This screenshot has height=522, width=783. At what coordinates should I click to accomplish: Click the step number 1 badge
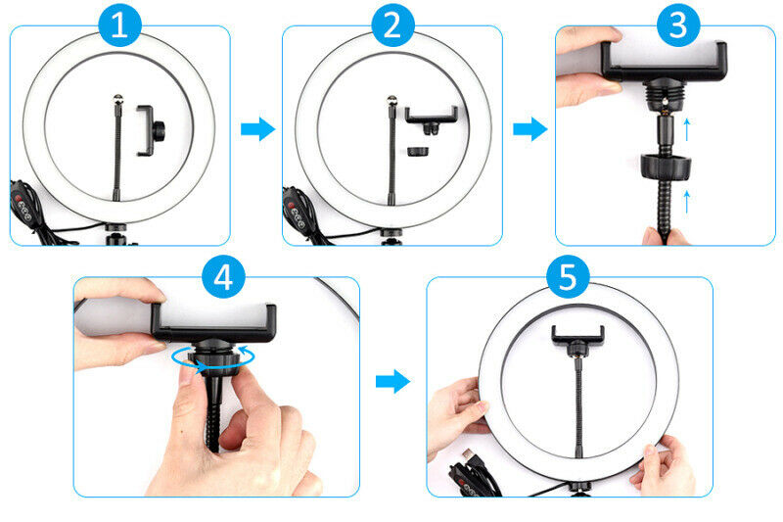click(x=119, y=25)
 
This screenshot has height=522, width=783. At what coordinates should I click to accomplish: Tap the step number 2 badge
click(x=393, y=25)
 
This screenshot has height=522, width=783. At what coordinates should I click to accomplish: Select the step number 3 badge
click(x=678, y=25)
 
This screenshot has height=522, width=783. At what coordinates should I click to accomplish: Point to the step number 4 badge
click(x=223, y=277)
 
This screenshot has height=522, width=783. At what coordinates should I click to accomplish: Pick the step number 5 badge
click(x=568, y=277)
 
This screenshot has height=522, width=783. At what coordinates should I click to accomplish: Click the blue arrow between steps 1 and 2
click(x=257, y=129)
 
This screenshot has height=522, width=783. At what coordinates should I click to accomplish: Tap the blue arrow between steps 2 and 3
click(x=530, y=129)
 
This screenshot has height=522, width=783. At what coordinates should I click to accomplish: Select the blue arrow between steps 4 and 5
click(x=392, y=382)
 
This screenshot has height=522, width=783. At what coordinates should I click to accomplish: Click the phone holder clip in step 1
click(x=150, y=131)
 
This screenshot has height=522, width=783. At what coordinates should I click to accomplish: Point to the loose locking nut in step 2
click(x=418, y=152)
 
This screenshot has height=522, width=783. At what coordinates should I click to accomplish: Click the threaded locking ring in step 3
click(x=666, y=166)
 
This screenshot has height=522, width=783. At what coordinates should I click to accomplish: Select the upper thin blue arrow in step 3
click(x=687, y=129)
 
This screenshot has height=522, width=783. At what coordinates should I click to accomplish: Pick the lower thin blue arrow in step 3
click(x=687, y=202)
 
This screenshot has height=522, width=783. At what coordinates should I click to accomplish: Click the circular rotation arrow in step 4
click(x=213, y=358)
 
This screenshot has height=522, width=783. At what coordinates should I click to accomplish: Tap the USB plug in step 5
click(x=471, y=457)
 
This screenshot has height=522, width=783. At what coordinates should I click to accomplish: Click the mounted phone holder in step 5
click(x=577, y=340)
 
